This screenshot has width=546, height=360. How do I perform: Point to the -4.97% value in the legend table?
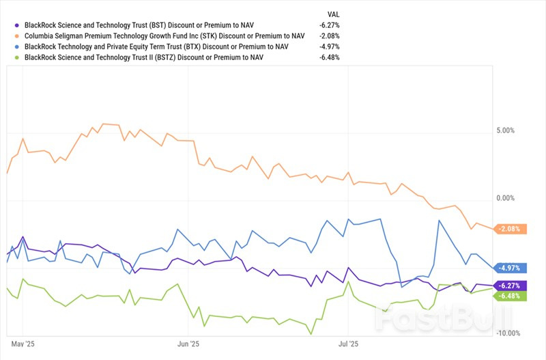click(x=329, y=46)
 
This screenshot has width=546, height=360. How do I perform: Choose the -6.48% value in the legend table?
click(x=329, y=58)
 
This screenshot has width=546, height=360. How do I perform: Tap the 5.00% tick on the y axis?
click(x=505, y=130)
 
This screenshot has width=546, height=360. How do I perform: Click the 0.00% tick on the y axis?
click(x=505, y=198)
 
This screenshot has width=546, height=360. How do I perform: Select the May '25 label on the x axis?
click(x=23, y=345)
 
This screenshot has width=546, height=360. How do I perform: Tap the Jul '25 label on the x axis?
click(x=348, y=345)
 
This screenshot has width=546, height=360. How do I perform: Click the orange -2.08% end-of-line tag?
click(x=509, y=229)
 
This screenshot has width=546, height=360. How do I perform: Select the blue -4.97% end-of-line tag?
click(x=509, y=268)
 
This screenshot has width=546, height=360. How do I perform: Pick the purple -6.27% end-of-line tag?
click(x=509, y=286)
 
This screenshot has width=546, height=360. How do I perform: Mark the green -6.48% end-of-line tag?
click(x=509, y=296)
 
